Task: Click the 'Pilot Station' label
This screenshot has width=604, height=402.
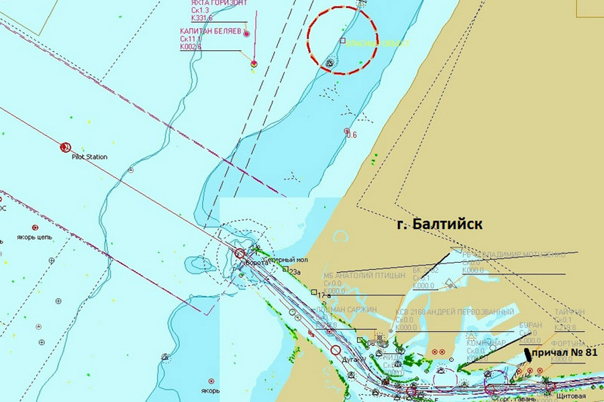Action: click(x=89, y=157)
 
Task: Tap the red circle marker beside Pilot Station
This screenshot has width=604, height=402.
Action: click(x=65, y=147)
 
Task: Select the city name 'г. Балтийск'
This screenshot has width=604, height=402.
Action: click(x=439, y=224)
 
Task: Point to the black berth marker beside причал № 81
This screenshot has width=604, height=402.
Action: click(x=527, y=354)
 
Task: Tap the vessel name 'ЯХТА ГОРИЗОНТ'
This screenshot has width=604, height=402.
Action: click(x=219, y=3)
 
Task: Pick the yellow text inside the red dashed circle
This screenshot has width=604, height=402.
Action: click(x=380, y=44)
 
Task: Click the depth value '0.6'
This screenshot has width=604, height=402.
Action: click(x=351, y=135)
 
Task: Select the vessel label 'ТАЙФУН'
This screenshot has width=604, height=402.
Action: click(x=569, y=312)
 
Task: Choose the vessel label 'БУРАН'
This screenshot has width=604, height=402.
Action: click(x=530, y=325)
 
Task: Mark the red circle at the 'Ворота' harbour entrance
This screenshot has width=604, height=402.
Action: click(x=240, y=253)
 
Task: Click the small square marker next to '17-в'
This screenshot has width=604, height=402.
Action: click(x=313, y=292)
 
